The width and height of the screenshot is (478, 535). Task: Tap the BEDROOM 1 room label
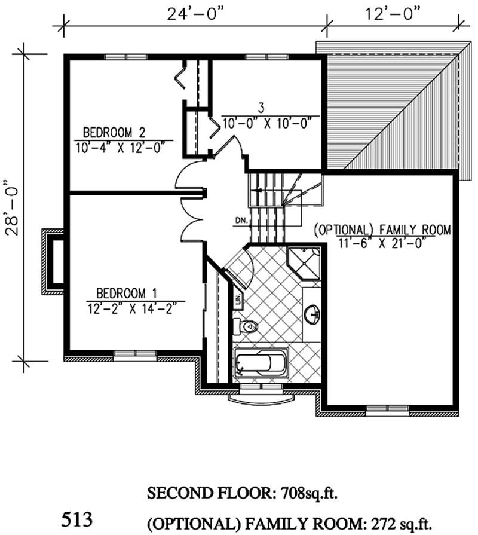coord(126,293)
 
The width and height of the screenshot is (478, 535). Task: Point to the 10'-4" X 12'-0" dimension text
coord(124,147)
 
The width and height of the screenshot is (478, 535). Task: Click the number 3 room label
coord(261,108)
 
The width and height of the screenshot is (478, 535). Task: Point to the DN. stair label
coord(240,221)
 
